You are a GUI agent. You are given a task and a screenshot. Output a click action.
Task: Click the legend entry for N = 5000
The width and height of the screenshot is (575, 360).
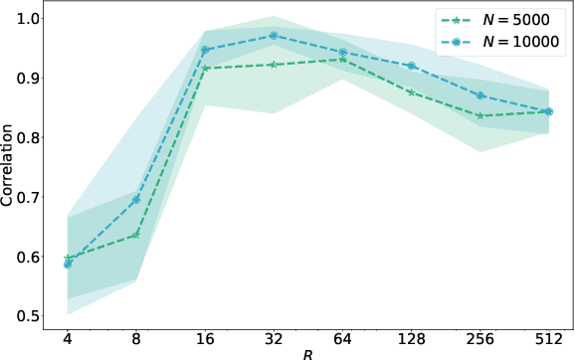tap(497, 20)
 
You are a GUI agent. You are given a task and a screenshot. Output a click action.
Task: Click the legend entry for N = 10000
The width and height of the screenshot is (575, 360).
tap(497, 42)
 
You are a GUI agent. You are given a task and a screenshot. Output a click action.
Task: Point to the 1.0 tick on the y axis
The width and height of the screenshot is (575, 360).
tap(28, 18)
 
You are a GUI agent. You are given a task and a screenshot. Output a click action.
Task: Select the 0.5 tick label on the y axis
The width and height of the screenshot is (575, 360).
tap(28, 316)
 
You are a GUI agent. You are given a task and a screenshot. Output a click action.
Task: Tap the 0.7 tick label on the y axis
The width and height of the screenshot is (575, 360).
tap(28, 197)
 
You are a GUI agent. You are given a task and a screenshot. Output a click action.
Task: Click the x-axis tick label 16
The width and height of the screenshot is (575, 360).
tap(205, 338)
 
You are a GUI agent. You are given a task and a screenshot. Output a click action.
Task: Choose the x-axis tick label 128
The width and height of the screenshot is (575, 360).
tap(411, 338)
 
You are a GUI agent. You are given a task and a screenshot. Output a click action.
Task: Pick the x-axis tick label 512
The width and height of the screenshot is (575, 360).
tap(548, 338)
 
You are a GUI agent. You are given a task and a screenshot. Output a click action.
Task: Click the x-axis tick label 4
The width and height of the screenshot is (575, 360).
tap(68, 338)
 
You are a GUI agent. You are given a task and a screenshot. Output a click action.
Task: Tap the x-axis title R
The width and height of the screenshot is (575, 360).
tap(307, 352)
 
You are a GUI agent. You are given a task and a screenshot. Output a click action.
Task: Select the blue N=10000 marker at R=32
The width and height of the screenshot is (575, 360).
tap(274, 36)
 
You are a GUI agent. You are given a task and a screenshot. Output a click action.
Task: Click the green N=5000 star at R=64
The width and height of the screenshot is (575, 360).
tap(342, 60)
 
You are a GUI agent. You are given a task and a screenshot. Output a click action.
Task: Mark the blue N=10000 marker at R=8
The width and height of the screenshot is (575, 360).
tap(136, 200)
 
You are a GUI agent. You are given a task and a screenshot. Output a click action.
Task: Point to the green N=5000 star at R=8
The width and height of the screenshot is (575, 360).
tap(136, 235)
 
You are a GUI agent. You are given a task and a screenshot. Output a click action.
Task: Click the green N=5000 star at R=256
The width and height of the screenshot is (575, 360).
tap(479, 115)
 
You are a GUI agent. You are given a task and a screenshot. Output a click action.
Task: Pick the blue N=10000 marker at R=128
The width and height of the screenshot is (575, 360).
tap(411, 66)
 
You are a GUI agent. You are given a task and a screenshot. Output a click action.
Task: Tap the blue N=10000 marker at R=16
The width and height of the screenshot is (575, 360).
tap(205, 50)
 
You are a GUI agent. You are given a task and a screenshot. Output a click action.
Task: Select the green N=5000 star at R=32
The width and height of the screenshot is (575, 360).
tap(274, 65)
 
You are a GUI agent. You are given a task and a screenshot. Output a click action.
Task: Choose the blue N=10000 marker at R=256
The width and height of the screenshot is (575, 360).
tap(479, 95)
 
